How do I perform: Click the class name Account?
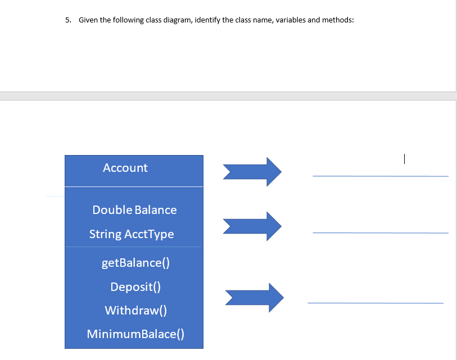pyautogui.click(x=125, y=168)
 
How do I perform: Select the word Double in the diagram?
pyautogui.click(x=112, y=210)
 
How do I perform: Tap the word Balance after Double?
pyautogui.click(x=156, y=210)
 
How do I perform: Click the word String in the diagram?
pyautogui.click(x=105, y=234)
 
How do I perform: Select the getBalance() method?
pyautogui.click(x=135, y=263)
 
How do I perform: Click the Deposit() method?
pyautogui.click(x=135, y=287)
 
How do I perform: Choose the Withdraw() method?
pyautogui.click(x=135, y=311)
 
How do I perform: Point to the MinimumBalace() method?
pyautogui.click(x=135, y=335)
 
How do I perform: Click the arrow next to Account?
pyautogui.click(x=252, y=171)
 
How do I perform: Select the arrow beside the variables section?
pyautogui.click(x=252, y=226)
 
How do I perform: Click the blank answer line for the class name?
pyautogui.click(x=381, y=176)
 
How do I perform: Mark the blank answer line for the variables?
pyautogui.click(x=381, y=232)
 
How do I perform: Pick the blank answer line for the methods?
pyautogui.click(x=375, y=303)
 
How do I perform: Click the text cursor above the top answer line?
pyautogui.click(x=404, y=160)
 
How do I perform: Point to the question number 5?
pyautogui.click(x=67, y=20)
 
